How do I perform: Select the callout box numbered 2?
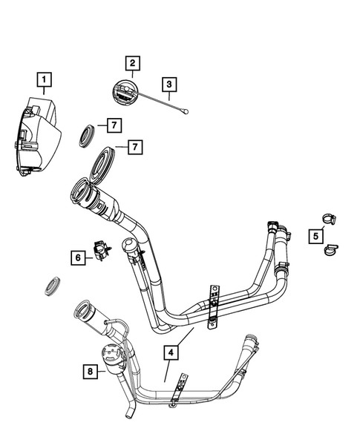pyautogui.click(x=132, y=65)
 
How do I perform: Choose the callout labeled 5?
pyautogui.click(x=315, y=236)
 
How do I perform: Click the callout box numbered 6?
pyautogui.click(x=77, y=257)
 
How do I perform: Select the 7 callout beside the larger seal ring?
pyautogui.click(x=134, y=148)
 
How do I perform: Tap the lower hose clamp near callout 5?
pyautogui.click(x=330, y=251)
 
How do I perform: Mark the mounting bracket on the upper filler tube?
pyautogui.click(x=213, y=304)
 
